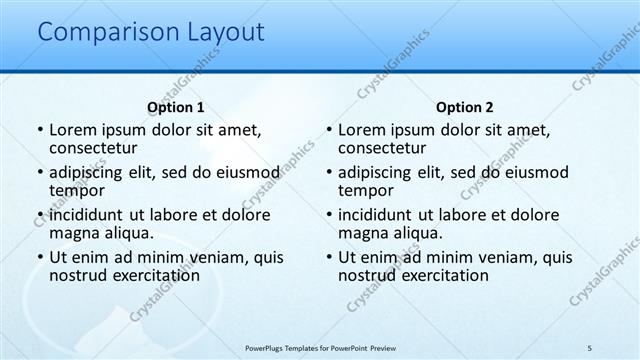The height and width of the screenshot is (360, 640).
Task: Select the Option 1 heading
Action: pyautogui.click(x=175, y=107)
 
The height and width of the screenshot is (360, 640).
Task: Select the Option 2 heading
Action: pyautogui.click(x=464, y=107)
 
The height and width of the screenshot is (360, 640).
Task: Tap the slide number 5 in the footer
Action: pyautogui.click(x=589, y=347)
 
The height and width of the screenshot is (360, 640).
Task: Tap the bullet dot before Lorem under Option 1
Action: pyautogui.click(x=40, y=130)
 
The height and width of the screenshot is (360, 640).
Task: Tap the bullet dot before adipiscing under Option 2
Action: pyautogui.click(x=329, y=173)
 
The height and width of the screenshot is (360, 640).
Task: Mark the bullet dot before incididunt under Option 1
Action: pyautogui.click(x=40, y=215)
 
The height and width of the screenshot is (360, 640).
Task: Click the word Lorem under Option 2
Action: pyautogui.click(x=361, y=130)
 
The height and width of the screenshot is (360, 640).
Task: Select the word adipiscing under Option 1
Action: pyautogui.click(x=90, y=172)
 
